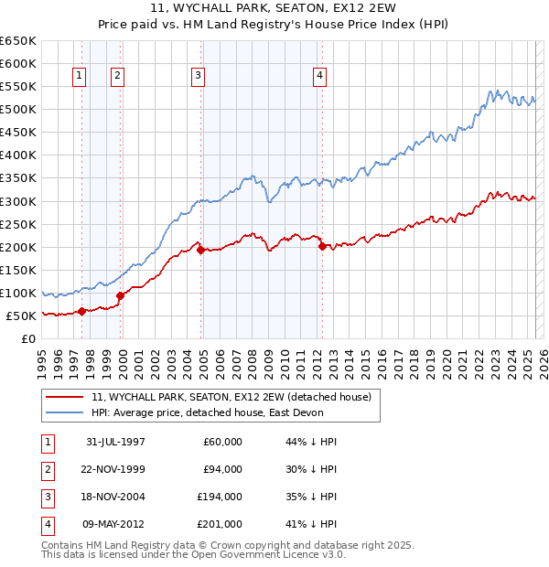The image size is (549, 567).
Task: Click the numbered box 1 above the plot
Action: pos(81,76)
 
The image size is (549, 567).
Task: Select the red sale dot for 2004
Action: pos(199,249)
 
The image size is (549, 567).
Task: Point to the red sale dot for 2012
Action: pos(322,246)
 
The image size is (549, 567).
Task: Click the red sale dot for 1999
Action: pos(120,295)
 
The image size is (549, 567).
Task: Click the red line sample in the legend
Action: pos(64,397)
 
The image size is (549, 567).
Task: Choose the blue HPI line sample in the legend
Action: pos(64,412)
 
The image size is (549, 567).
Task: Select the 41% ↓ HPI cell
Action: pos(312,524)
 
